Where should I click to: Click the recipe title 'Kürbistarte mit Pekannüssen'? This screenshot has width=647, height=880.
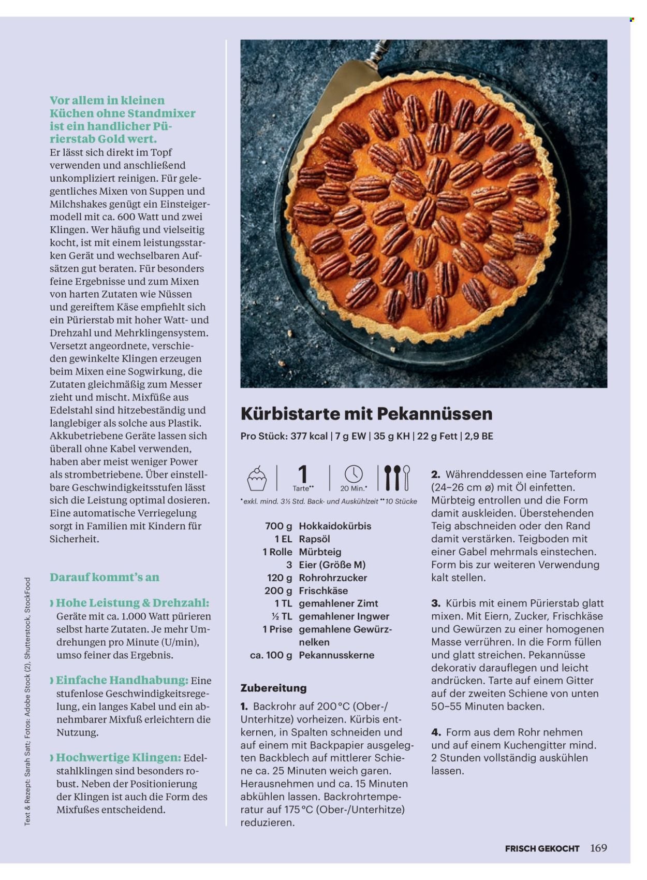(366, 413)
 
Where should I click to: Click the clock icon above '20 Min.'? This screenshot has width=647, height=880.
(354, 474)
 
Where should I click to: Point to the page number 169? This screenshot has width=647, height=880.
(598, 848)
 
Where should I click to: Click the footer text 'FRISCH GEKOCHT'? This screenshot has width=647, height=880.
(542, 848)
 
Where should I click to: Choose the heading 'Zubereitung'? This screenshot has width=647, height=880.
(273, 688)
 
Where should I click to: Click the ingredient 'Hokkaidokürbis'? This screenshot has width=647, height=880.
(335, 526)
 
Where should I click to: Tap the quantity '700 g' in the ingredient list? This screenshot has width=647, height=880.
(278, 526)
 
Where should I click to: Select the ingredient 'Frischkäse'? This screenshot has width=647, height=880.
(323, 590)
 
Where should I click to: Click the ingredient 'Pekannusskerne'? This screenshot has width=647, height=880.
(336, 655)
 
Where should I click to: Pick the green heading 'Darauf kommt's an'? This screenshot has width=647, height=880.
(105, 577)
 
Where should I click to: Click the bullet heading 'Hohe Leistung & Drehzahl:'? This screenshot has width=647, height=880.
(132, 603)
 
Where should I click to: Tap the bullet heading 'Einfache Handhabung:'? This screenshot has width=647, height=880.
(122, 680)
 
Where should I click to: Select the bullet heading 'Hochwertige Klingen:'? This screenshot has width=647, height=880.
(119, 758)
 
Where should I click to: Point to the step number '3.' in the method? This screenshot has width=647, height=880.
(436, 603)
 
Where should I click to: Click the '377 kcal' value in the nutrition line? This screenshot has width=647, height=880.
(309, 436)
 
